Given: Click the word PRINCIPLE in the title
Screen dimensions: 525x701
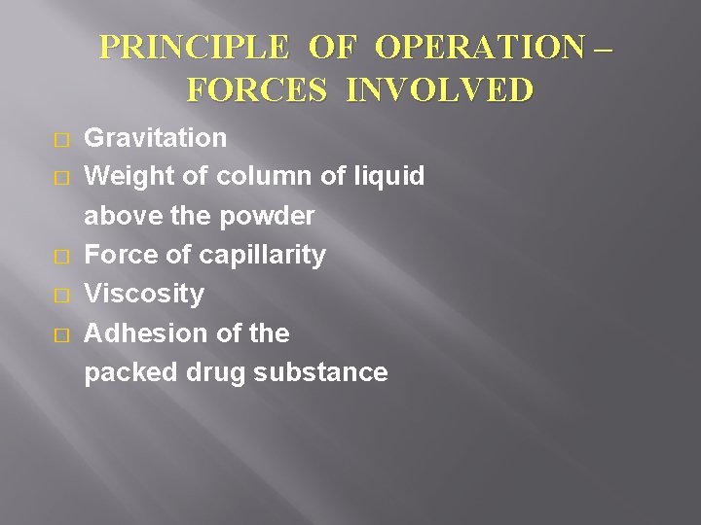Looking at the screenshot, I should click(187, 48).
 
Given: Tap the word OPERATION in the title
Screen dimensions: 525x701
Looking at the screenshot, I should click(469, 48).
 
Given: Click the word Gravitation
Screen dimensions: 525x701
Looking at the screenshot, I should click(156, 137).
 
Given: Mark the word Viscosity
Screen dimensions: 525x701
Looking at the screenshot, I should click(144, 294).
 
